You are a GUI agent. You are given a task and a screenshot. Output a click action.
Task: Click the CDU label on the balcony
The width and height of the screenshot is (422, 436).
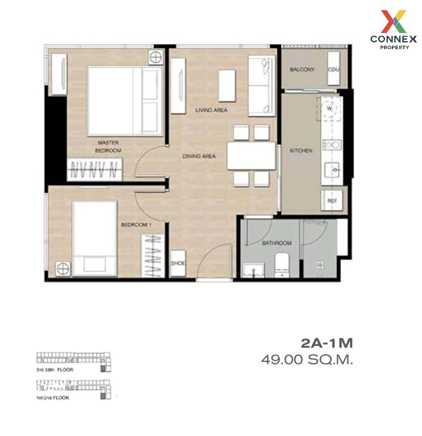[333, 70]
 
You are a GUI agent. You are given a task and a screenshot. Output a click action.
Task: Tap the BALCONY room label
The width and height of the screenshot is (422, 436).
[302, 70]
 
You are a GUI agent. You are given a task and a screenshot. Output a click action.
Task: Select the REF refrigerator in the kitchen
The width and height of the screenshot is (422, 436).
[332, 201]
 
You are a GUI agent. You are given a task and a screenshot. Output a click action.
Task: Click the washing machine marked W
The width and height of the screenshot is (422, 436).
[330, 108]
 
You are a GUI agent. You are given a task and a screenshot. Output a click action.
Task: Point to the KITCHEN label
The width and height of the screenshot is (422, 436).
[301, 151]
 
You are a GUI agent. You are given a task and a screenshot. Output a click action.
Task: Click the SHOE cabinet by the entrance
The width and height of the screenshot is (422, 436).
[178, 263]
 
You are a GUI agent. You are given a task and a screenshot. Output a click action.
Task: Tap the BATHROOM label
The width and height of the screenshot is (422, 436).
[277, 243]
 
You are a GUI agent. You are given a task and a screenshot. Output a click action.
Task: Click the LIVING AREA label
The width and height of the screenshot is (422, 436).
[211, 110]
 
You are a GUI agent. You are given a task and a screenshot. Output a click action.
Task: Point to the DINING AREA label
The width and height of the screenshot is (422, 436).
[199, 156]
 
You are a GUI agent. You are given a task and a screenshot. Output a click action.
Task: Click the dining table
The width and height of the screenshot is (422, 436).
[251, 156]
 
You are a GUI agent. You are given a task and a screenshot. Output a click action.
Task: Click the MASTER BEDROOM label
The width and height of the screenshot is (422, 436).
[109, 146]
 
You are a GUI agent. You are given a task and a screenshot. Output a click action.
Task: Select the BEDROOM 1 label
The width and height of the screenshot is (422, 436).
[136, 225]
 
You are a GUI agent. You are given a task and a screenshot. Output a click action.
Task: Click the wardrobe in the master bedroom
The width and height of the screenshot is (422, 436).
[94, 170]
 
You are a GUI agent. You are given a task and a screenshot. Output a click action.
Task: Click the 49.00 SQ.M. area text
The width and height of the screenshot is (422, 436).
[307, 360]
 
